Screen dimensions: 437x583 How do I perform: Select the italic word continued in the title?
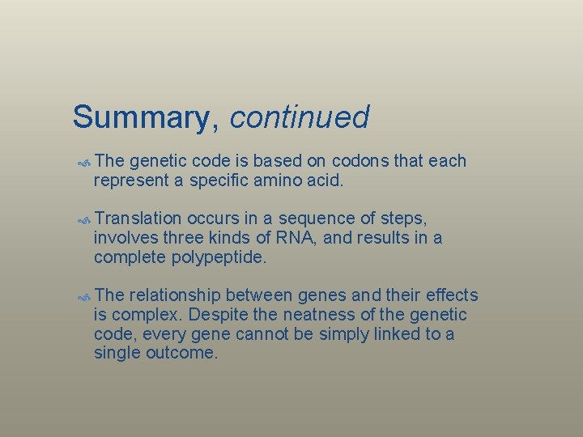tap(300, 117)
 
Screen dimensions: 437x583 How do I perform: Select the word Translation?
tap(138, 218)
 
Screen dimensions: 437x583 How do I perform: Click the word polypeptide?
tap(219, 258)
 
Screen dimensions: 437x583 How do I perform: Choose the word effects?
tap(449, 295)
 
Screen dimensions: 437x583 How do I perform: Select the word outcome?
tap(183, 354)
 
